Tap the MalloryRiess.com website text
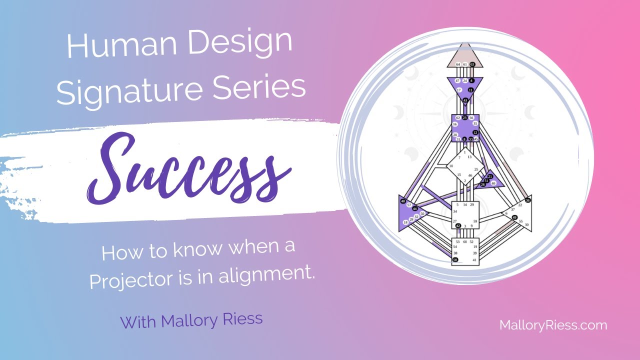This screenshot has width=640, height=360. (x=553, y=325)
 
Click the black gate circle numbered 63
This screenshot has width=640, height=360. (x=472, y=64)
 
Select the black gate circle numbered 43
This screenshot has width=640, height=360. (x=465, y=100)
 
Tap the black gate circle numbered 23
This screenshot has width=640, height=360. (x=464, y=117)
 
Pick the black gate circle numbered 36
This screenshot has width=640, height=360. (x=528, y=200)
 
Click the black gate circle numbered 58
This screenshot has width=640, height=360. (x=455, y=260)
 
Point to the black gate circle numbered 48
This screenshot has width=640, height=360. (x=403, y=201)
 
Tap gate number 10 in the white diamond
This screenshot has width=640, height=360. (x=451, y=166)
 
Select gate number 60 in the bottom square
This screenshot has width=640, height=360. (x=465, y=241)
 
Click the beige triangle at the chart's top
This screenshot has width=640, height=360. (x=465, y=56)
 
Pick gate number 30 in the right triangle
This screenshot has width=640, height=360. (x=526, y=225)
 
